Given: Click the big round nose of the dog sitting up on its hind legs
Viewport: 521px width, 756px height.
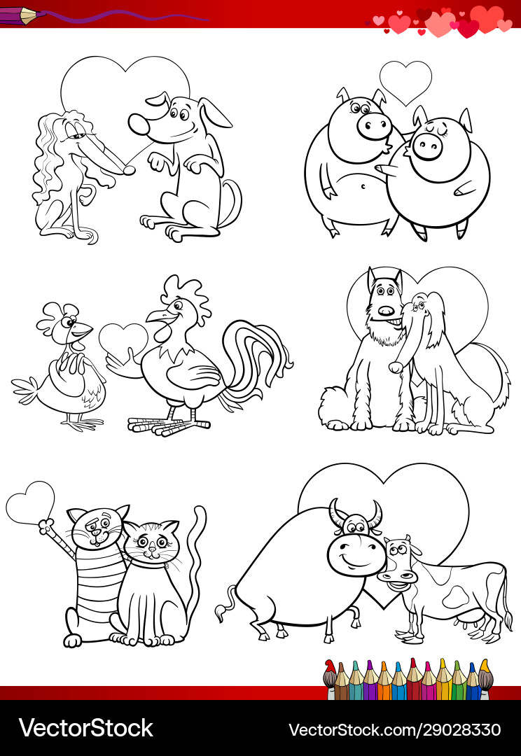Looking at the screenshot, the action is [140, 125].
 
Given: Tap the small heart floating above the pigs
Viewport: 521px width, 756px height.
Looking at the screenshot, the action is [405, 82].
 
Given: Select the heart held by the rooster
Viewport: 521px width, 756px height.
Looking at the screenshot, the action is [123, 339].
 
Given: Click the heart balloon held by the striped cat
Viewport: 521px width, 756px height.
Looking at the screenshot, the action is [30, 503].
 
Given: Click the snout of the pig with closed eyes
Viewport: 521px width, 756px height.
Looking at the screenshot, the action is [427, 146].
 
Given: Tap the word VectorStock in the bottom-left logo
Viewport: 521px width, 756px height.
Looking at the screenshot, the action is [86, 729].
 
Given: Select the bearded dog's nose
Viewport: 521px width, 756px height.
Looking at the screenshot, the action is [387, 311].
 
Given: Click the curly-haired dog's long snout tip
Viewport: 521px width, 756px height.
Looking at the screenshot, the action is [129, 169].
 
